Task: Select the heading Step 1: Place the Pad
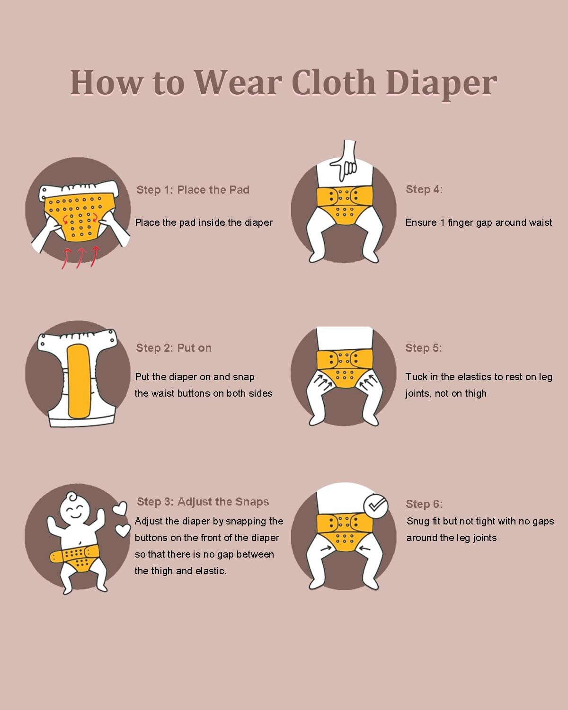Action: pyautogui.click(x=193, y=190)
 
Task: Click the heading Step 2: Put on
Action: pyautogui.click(x=174, y=348)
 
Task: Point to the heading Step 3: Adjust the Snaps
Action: pyautogui.click(x=203, y=502)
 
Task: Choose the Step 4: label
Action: pyautogui.click(x=424, y=189)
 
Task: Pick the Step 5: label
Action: pyautogui.click(x=424, y=348)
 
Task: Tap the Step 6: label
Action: pyautogui.click(x=424, y=504)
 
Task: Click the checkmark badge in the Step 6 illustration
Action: pyautogui.click(x=375, y=506)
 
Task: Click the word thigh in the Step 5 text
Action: pyautogui.click(x=476, y=394)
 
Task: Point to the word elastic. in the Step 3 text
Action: pyautogui.click(x=211, y=571)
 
